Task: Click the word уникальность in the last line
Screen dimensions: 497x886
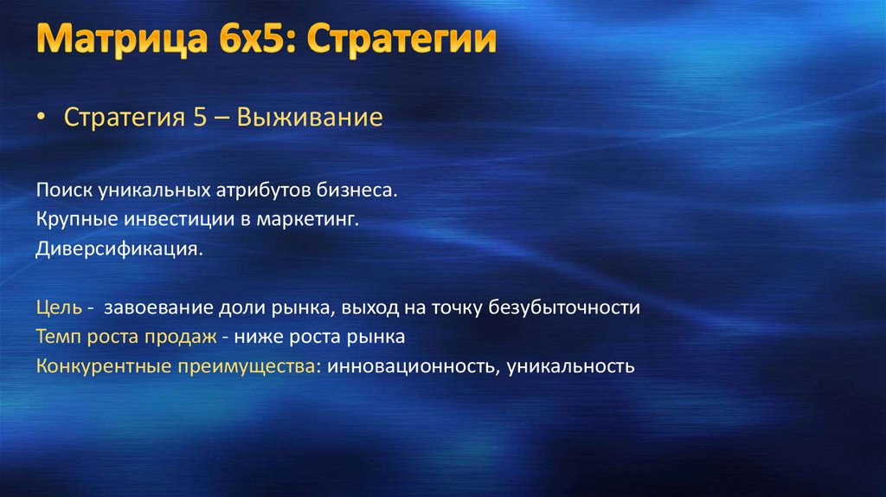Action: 572,365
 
